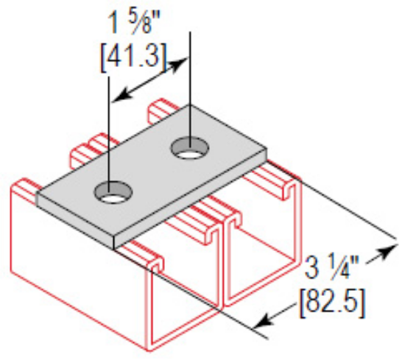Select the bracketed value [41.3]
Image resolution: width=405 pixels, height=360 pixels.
point(136,53)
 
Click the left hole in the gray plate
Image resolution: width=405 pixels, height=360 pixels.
point(112,194)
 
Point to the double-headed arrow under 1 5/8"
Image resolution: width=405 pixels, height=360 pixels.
point(149,79)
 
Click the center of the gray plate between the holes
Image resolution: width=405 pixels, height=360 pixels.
point(151,173)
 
